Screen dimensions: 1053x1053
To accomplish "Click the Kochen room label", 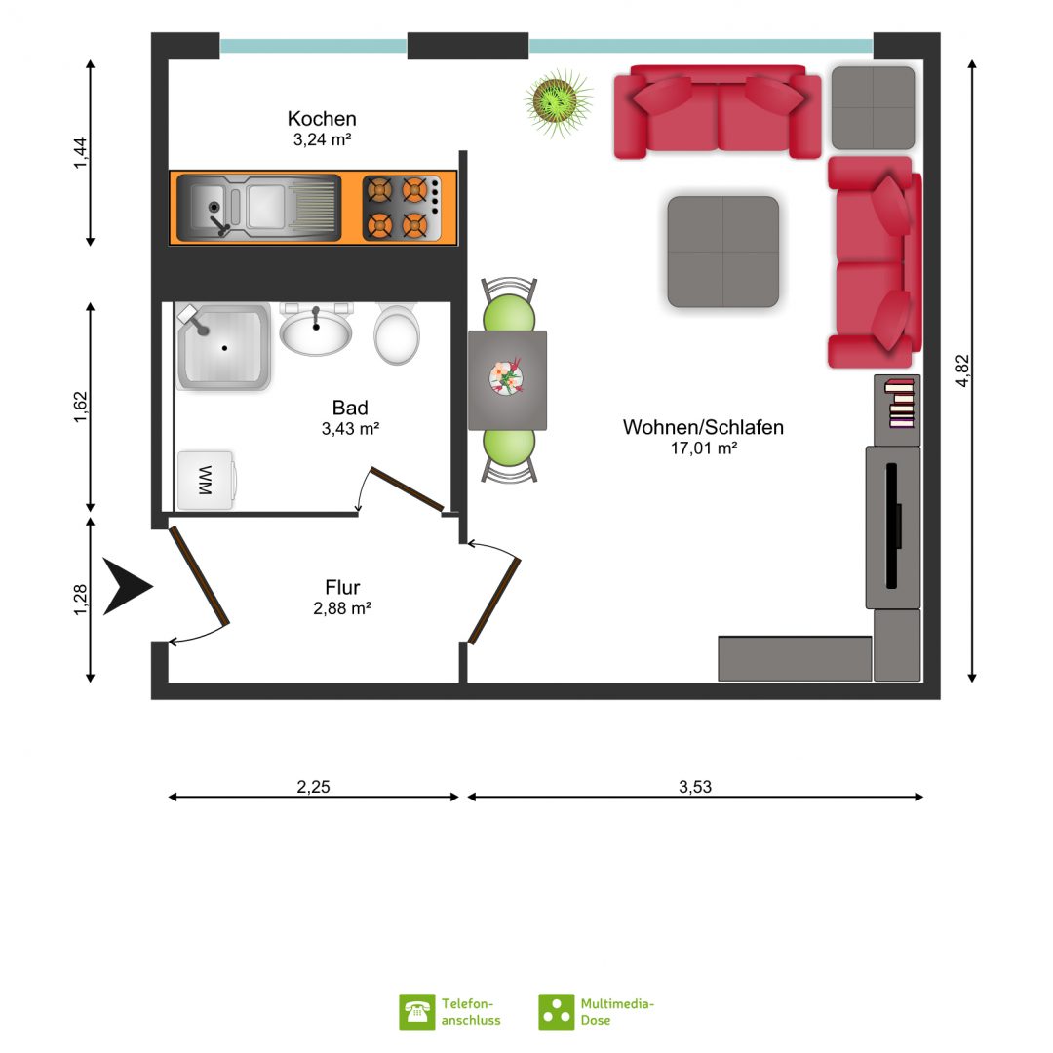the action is [322, 119].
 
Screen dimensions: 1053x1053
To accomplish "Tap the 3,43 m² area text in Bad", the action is [350, 428].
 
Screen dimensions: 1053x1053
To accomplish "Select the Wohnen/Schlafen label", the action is [703, 427].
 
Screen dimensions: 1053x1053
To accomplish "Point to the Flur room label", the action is [342, 587].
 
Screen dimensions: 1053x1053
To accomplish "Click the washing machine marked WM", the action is [206, 480].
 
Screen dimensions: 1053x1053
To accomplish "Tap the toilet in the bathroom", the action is [397, 333].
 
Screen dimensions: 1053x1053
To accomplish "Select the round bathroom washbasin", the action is [316, 331].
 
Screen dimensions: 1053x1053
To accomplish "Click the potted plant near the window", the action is [558, 101].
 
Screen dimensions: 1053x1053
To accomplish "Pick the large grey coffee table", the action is [723, 252].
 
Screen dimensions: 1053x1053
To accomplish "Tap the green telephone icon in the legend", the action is [416, 1011].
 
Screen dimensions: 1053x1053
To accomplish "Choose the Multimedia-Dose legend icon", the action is [556, 1011].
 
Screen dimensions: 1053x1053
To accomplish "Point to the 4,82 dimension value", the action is [962, 370].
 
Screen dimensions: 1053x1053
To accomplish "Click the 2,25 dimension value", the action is [314, 787].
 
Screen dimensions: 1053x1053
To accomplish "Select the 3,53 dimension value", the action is [695, 787].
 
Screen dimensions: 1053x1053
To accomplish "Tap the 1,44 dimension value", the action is [80, 153].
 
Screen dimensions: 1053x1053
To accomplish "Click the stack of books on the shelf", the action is [900, 403].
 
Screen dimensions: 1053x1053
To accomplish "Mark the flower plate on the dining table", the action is [506, 376].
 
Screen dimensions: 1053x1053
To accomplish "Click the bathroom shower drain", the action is [224, 348].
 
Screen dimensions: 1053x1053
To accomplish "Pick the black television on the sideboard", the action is [892, 526].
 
